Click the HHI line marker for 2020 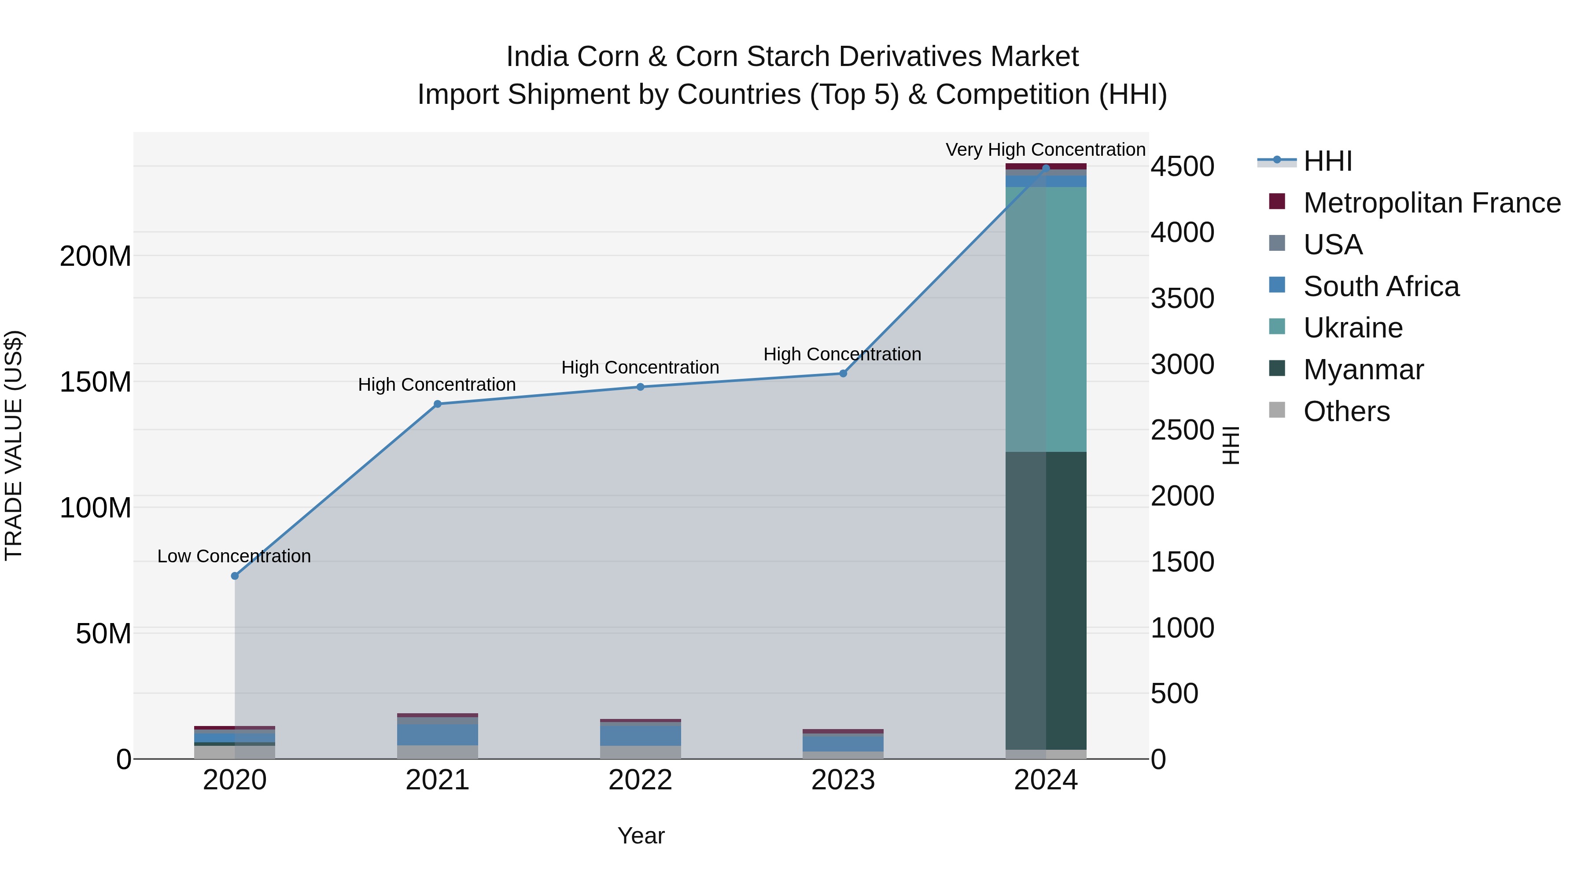[x=234, y=576]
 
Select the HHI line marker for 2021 [x=438, y=404]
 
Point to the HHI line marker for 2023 [x=843, y=373]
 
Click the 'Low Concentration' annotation [x=234, y=556]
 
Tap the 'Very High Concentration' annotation [x=1045, y=150]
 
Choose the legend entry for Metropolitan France [x=1431, y=203]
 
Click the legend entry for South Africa [x=1381, y=286]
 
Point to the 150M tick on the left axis [x=96, y=382]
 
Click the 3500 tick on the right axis [x=1182, y=298]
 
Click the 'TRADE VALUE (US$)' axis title [x=14, y=445]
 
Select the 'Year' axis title [x=641, y=836]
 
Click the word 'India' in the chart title [x=537, y=57]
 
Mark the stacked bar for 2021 [x=438, y=736]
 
